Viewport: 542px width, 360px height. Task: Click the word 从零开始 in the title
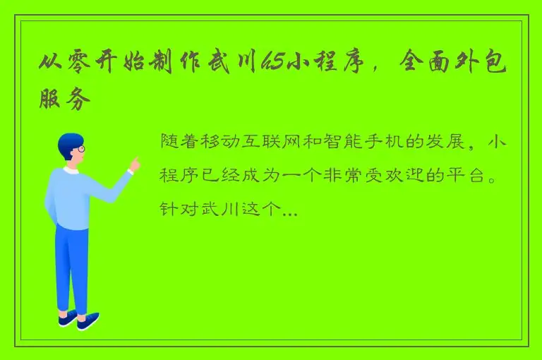(x=89, y=65)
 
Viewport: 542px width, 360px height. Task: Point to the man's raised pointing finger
(x=135, y=162)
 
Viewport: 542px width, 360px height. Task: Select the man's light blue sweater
(x=71, y=198)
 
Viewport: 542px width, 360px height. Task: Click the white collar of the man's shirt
(x=71, y=170)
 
